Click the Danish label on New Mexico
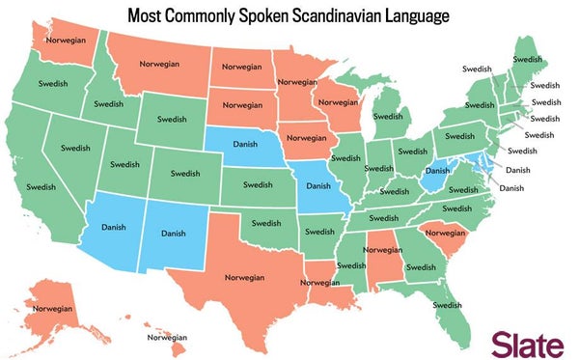click(174, 233)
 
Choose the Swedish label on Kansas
click(260, 183)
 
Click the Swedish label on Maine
click(527, 59)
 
